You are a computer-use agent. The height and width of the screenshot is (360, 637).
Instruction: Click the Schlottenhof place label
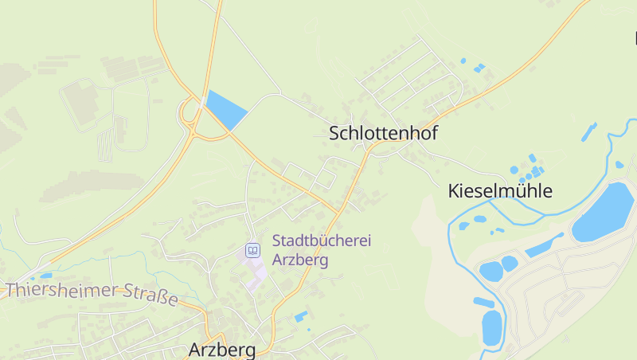tap(383, 134)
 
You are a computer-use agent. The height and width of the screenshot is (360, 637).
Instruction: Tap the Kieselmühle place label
tap(500, 191)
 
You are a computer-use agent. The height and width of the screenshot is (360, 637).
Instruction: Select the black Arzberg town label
tap(222, 350)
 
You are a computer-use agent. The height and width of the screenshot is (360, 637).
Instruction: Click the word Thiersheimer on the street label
tap(62, 290)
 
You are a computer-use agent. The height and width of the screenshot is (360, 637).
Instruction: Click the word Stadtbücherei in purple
tap(322, 241)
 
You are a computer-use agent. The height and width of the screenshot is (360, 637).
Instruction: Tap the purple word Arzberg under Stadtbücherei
tap(300, 260)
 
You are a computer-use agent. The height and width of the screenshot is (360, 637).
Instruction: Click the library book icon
tap(252, 250)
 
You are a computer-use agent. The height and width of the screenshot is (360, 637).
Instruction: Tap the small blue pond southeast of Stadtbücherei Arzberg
tap(301, 317)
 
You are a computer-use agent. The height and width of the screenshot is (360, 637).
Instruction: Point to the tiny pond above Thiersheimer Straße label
tap(45, 276)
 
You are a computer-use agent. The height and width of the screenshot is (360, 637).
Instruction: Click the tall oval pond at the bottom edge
tap(491, 327)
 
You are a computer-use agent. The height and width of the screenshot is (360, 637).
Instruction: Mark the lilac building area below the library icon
tap(256, 271)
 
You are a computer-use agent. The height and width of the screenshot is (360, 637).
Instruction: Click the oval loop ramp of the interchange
tap(190, 115)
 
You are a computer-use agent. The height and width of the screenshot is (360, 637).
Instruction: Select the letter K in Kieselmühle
tap(455, 191)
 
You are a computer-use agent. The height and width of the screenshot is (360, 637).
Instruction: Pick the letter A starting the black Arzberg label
tap(196, 350)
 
